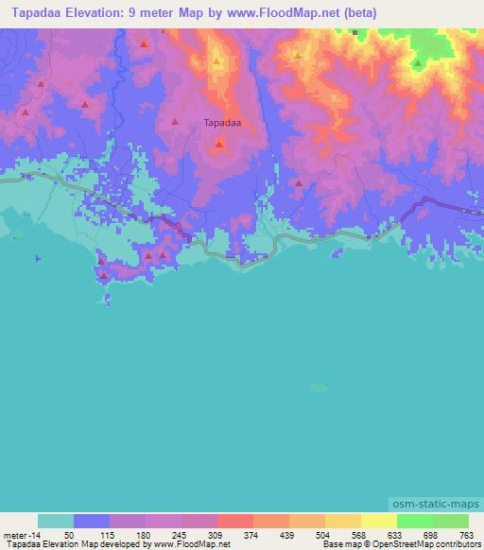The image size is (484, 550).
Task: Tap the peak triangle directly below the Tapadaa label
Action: [x=219, y=145]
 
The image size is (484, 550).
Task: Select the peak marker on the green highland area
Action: [x=417, y=64]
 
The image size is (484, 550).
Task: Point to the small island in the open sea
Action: [x=319, y=386]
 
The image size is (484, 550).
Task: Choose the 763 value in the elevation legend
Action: [x=467, y=534]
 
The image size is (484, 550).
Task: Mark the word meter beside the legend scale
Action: [x=14, y=534]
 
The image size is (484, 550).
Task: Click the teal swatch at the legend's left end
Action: [x=55, y=521]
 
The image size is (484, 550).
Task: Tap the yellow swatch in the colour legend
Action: [x=378, y=521]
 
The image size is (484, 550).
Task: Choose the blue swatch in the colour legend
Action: [x=92, y=521]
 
